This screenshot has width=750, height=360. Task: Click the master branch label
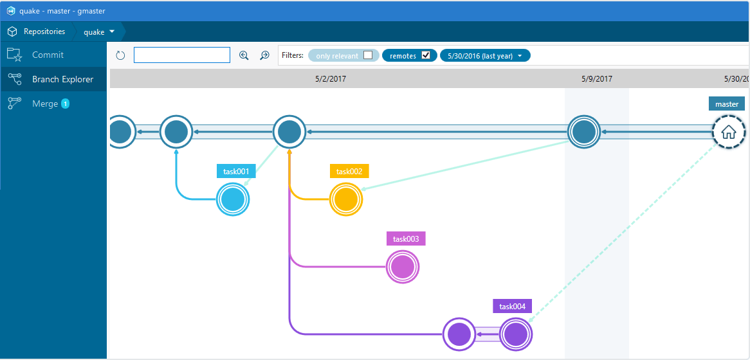click(x=727, y=104)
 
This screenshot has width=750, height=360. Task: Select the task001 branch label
click(x=236, y=171)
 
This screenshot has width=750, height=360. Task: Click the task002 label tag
click(x=349, y=171)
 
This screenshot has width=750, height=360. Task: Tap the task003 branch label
click(x=406, y=239)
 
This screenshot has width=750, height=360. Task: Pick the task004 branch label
click(x=512, y=306)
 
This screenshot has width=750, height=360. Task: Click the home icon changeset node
click(x=729, y=132)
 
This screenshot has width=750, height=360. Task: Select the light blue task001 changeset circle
click(x=232, y=199)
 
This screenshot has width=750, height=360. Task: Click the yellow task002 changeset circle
click(x=346, y=199)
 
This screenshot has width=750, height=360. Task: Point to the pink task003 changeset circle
click(x=403, y=267)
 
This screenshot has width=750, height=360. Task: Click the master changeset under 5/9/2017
click(x=584, y=132)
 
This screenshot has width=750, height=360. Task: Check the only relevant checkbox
click(x=368, y=55)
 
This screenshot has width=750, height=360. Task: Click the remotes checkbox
click(x=426, y=55)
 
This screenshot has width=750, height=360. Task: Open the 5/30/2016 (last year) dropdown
click(x=485, y=56)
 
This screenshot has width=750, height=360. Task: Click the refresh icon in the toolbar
click(x=120, y=55)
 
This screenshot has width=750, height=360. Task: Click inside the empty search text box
click(x=182, y=55)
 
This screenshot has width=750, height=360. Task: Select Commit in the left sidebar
click(x=48, y=55)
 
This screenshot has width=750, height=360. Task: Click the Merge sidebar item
click(x=45, y=104)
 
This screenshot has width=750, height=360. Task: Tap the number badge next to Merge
click(x=65, y=104)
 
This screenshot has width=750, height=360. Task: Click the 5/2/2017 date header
click(x=331, y=79)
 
